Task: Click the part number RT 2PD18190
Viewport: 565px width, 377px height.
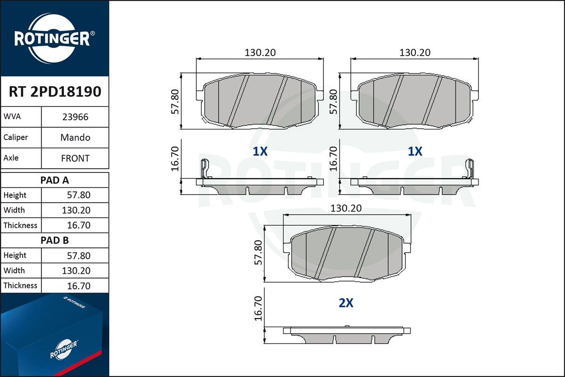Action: [x=55, y=91]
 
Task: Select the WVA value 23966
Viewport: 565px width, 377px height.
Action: [x=75, y=117]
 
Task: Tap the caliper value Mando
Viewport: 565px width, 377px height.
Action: [x=75, y=137]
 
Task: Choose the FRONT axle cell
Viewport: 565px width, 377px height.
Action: [x=75, y=158]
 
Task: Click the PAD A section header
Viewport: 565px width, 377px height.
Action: [x=55, y=180]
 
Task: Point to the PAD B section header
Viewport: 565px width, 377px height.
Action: [x=55, y=240]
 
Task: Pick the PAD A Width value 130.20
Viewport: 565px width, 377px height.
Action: [x=76, y=210]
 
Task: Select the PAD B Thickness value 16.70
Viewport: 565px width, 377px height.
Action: [x=79, y=286]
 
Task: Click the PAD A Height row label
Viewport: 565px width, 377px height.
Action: [x=15, y=195]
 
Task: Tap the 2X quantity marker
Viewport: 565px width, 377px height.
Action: [x=346, y=303]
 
